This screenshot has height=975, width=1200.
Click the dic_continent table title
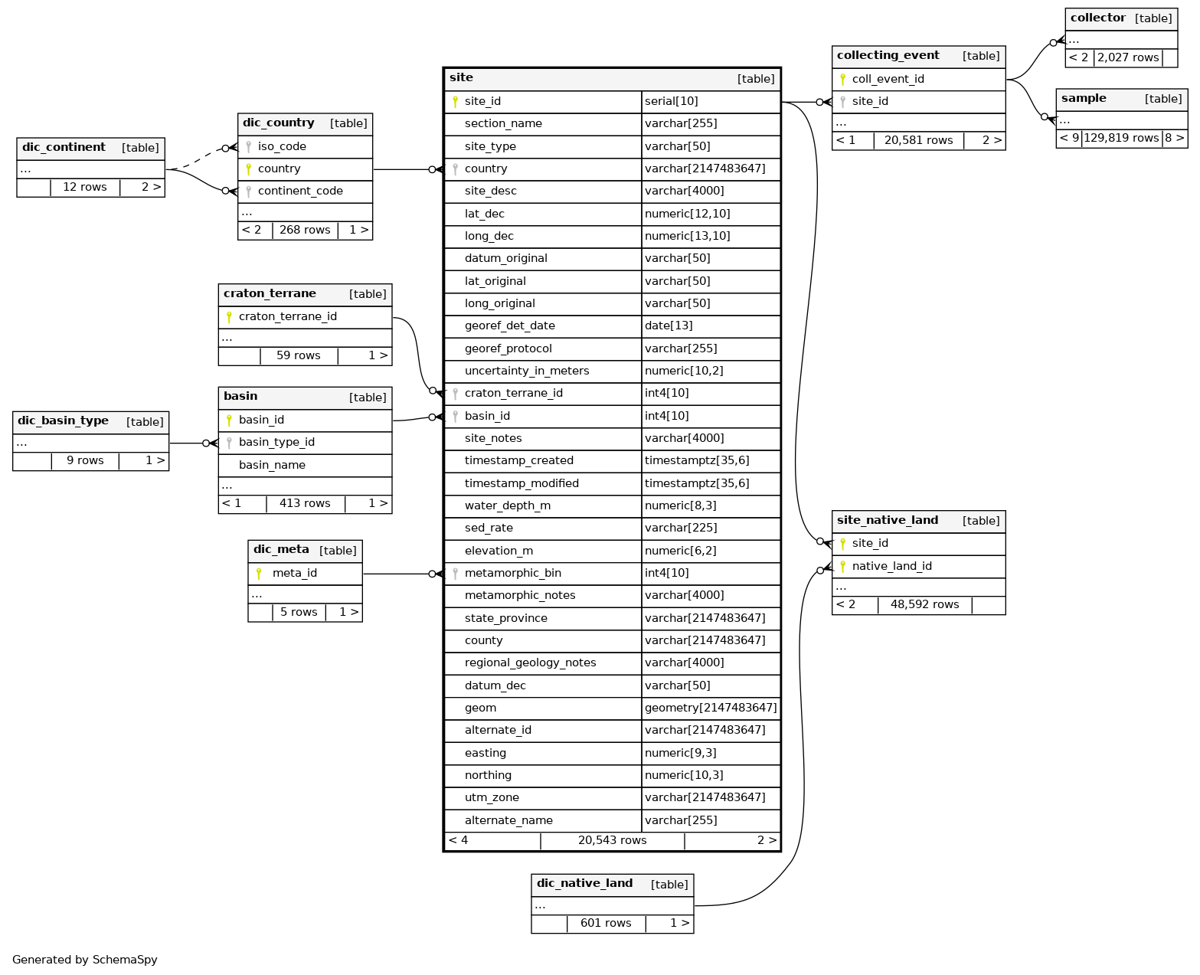pos(64,147)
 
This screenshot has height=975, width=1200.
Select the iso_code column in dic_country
pos(282,146)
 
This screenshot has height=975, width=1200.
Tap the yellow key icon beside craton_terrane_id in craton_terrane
pos(229,317)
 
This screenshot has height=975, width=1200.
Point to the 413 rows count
pos(305,503)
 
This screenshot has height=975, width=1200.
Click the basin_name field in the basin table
pos(272,465)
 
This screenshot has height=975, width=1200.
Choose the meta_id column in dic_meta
pos(295,573)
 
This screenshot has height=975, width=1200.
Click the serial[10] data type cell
pos(671,101)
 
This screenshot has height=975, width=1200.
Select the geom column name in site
pos(480,708)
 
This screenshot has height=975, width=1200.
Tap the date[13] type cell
pos(669,326)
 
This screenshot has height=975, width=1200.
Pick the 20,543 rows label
pos(612,840)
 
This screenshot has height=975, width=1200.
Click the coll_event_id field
pos(888,79)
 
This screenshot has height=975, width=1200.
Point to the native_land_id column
pos(892,566)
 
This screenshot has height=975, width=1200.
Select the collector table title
pos(1097,18)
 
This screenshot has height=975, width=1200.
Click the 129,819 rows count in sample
pos(1120,138)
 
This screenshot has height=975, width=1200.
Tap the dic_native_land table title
pos(584,883)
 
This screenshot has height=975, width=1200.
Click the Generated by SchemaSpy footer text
pos(84,960)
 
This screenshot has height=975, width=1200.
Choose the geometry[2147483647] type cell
pos(711,708)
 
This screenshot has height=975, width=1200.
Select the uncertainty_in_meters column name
pos(527,371)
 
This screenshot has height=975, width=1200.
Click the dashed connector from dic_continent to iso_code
pos(197,159)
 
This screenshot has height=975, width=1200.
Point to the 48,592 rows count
pos(924,604)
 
